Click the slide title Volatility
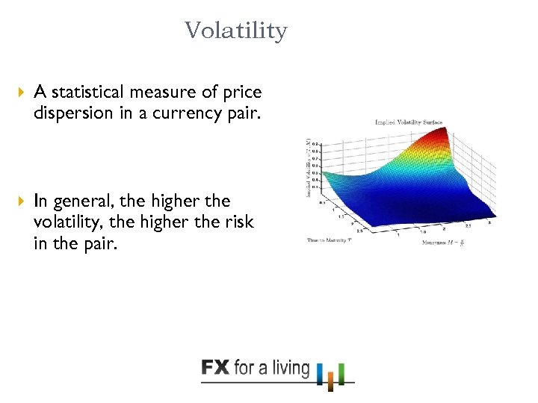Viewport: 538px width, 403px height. (235, 31)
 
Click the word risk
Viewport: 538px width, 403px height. (237, 222)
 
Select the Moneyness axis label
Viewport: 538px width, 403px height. (442, 243)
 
